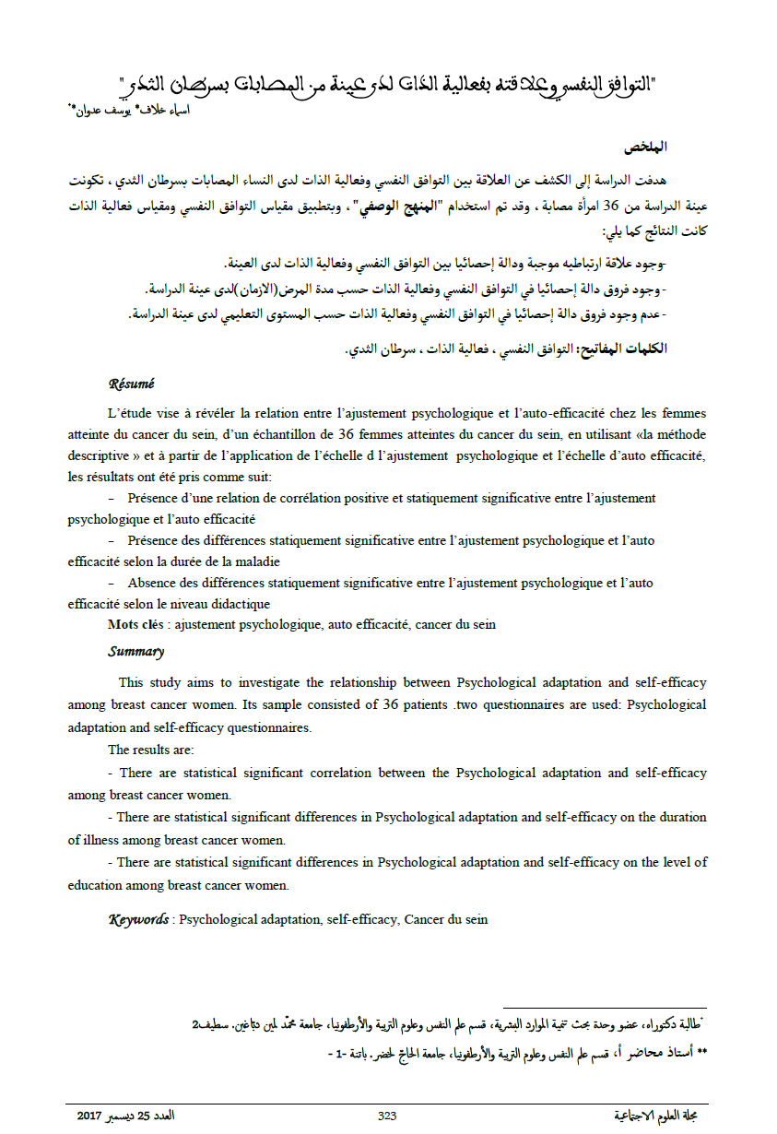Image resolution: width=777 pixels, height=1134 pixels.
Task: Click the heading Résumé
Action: [131, 384]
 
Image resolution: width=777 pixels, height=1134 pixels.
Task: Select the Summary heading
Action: [135, 652]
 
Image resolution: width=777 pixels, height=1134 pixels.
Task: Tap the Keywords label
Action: [138, 919]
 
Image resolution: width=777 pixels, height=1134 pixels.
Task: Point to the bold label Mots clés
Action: [137, 624]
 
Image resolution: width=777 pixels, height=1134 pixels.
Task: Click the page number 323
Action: [387, 1116]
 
